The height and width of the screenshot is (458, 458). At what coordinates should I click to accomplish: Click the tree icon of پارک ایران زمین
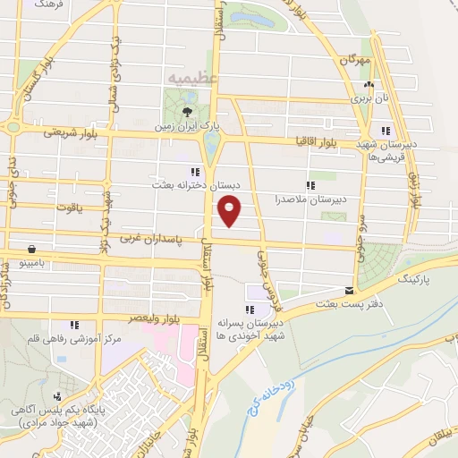187,112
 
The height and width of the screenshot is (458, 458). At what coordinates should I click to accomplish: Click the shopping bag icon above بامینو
32,250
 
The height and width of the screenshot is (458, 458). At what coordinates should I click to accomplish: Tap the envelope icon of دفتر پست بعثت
349,291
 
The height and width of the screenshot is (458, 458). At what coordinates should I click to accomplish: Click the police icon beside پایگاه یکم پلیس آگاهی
57,396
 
